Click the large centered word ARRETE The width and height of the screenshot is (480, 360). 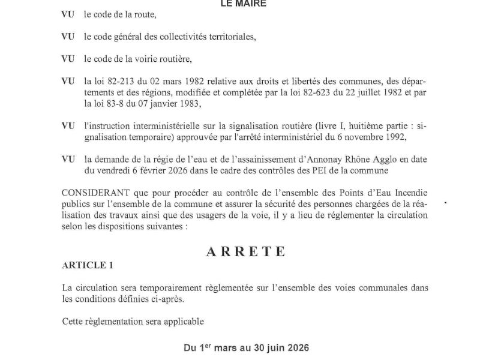click(246, 251)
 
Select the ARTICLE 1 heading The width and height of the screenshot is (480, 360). click(87, 265)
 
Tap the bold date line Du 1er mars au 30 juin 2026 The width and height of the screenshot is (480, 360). click(246, 347)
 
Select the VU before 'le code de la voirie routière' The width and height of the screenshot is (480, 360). click(68, 59)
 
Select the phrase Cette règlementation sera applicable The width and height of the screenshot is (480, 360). click(133, 321)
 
